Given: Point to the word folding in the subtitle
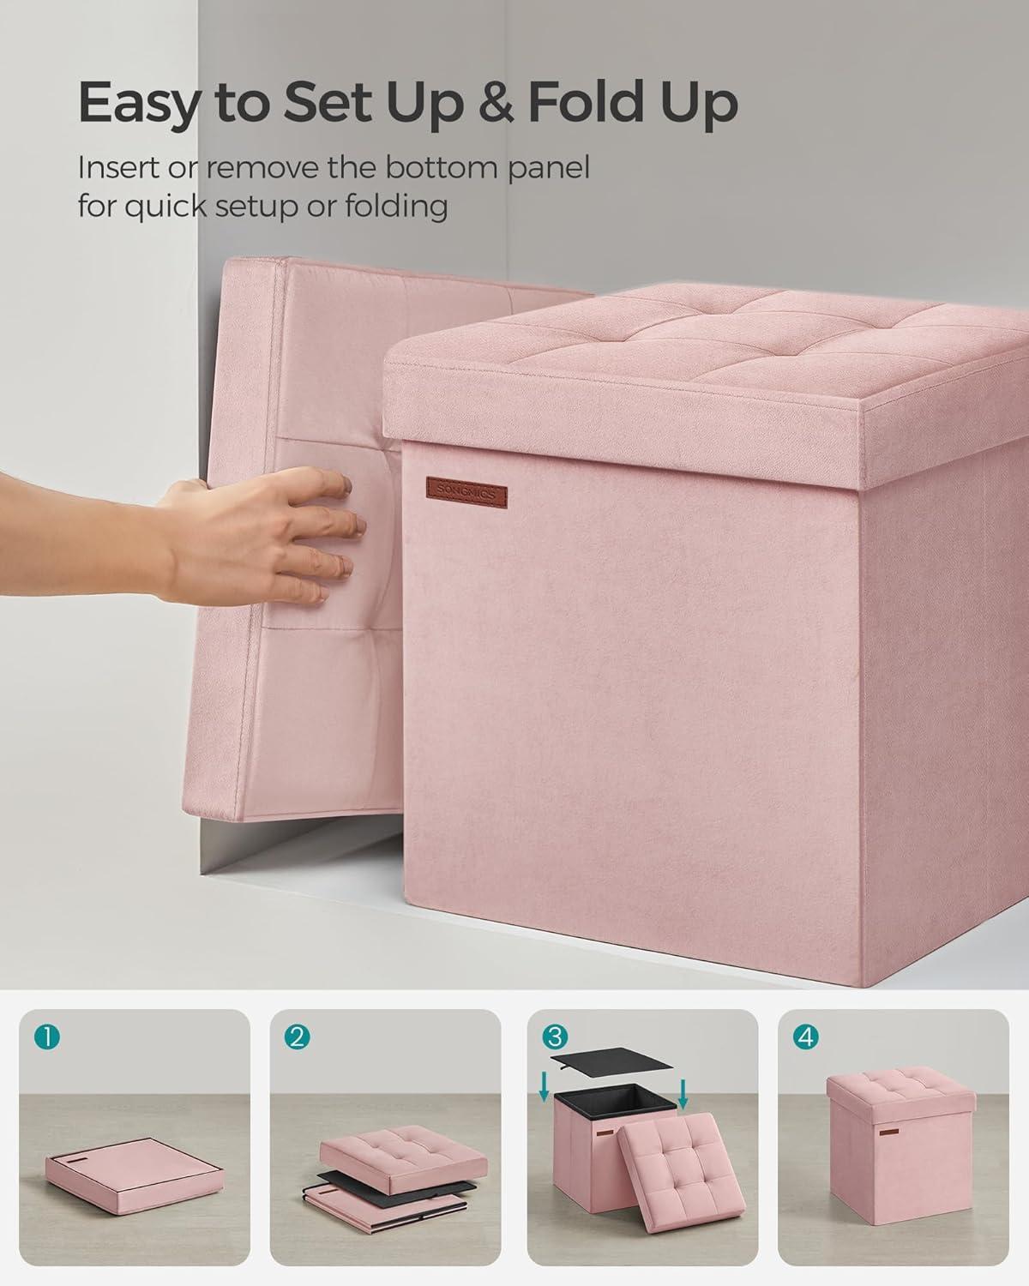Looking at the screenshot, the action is pyautogui.click(x=396, y=207).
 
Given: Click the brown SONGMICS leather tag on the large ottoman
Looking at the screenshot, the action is pyautogui.click(x=466, y=492).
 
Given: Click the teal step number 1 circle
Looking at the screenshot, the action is pyautogui.click(x=47, y=1037).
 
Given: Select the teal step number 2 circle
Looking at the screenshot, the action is pyautogui.click(x=298, y=1037).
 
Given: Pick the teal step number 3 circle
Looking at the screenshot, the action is pyautogui.click(x=554, y=1037).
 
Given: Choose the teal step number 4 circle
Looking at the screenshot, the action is pyautogui.click(x=805, y=1037).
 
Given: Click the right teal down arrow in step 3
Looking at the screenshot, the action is pyautogui.click(x=683, y=1092).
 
